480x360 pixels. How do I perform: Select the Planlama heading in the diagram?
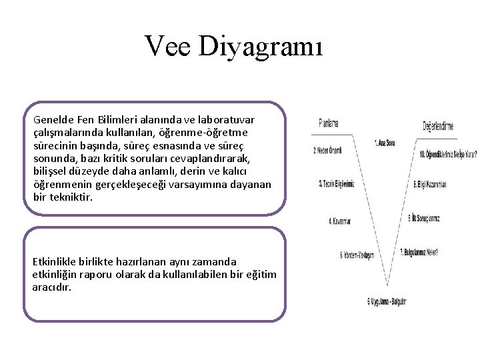pos(329,123)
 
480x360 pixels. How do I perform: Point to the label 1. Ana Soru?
pos(385,142)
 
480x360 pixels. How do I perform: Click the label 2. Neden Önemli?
pos(327,151)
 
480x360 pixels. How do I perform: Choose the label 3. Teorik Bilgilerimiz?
pos(336,183)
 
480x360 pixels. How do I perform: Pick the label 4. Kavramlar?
pos(339,220)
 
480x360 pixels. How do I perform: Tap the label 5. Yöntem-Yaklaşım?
pos(357,255)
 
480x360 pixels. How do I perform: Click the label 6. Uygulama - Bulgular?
pos(387,301)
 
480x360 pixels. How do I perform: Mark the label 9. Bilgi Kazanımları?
pos(430,184)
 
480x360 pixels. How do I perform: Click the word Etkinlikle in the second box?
pos(55,262)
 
